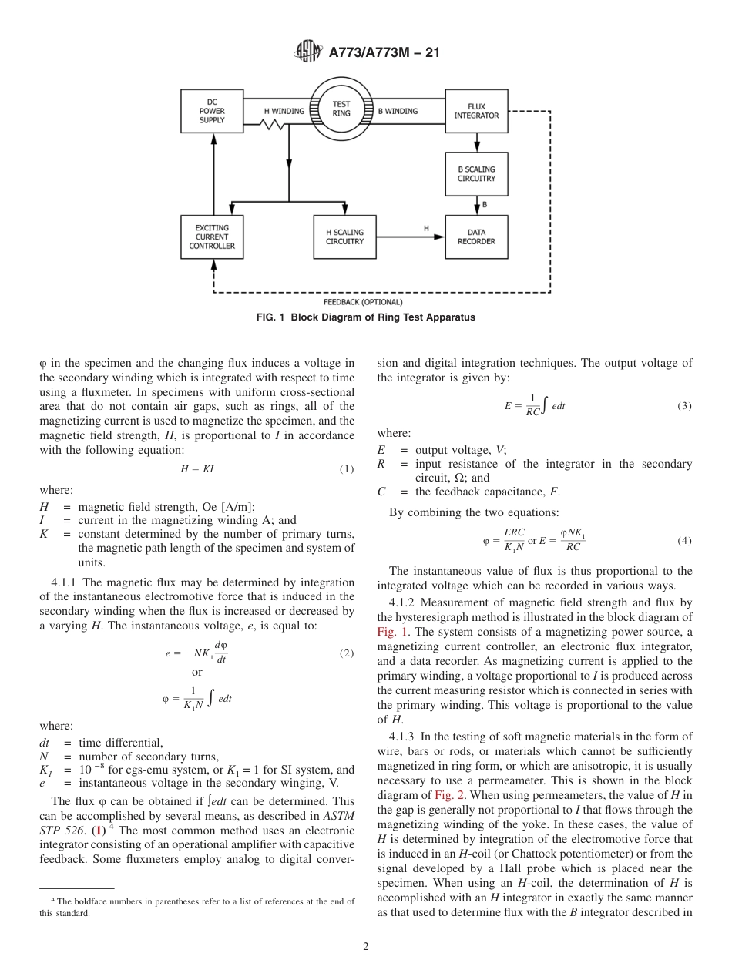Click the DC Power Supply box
(x=212, y=111)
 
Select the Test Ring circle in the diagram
(x=341, y=109)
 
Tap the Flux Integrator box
(x=476, y=111)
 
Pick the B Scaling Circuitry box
(x=476, y=174)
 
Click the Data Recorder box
(x=476, y=237)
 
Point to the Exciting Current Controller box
(x=212, y=237)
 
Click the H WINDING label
(x=284, y=111)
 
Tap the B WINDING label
(x=398, y=111)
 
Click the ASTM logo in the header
(x=309, y=52)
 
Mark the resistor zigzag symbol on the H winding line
(x=274, y=124)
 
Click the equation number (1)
(x=346, y=470)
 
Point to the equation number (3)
(x=684, y=406)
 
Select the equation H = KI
(x=196, y=470)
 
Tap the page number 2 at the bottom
(x=365, y=947)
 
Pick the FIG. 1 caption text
(x=366, y=317)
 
